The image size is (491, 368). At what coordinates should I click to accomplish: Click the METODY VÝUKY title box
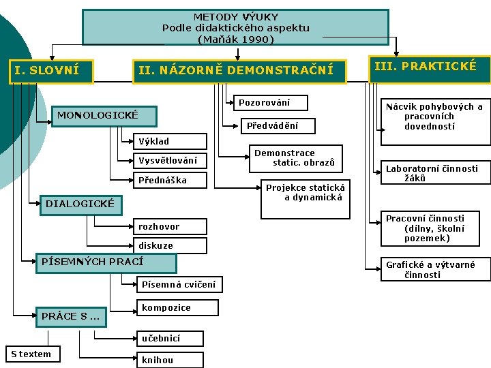[x=235, y=27]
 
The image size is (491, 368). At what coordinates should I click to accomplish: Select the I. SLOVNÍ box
[x=50, y=70]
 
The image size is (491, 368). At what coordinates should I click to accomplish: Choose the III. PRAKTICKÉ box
[x=429, y=67]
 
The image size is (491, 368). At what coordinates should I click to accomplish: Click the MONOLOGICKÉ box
[x=105, y=115]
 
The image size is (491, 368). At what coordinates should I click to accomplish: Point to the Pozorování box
[x=267, y=103]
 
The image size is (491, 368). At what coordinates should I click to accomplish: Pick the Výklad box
[x=168, y=142]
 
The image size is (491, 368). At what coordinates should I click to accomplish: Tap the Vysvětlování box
[x=168, y=161]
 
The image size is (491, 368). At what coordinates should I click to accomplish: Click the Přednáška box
[x=168, y=181]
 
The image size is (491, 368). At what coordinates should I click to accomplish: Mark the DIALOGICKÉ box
[x=80, y=204]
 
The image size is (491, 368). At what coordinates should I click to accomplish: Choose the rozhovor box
[x=168, y=226]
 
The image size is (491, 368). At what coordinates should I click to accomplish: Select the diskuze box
[x=168, y=245]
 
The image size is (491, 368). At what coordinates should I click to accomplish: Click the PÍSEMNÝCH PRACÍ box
[x=106, y=262]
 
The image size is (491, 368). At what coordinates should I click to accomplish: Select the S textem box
[x=31, y=354]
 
